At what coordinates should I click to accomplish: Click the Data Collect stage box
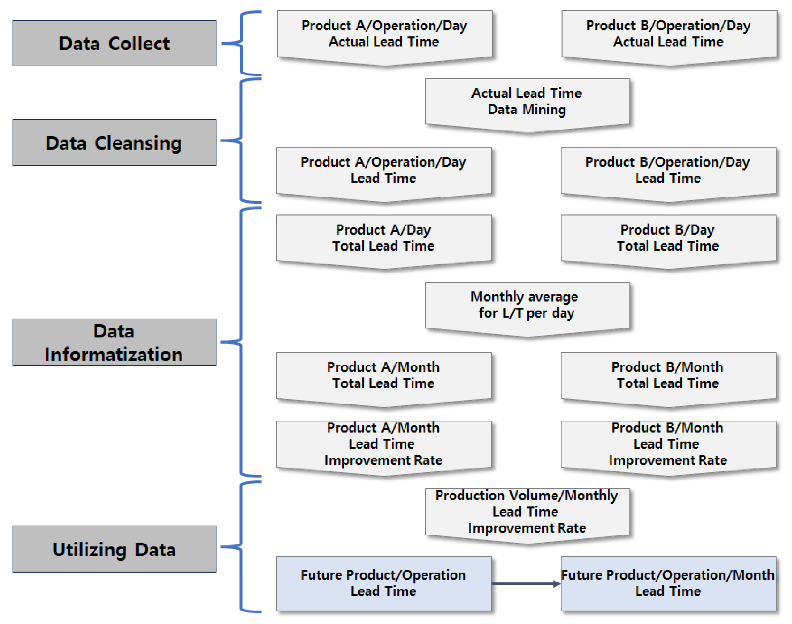point(114,43)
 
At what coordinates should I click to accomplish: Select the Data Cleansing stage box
point(114,142)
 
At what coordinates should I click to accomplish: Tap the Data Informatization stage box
point(114,342)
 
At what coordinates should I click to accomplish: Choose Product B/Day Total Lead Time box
point(668,238)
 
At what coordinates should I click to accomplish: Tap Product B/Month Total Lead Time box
point(668,376)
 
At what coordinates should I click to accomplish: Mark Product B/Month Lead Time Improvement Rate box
point(668,444)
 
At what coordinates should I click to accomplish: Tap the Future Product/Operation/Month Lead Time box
point(668,583)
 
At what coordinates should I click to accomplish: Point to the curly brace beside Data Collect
point(241,43)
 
